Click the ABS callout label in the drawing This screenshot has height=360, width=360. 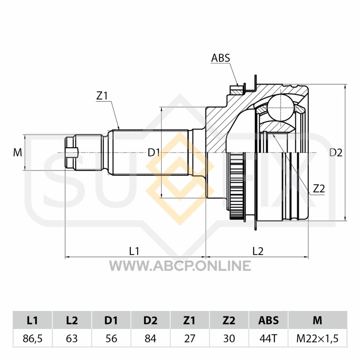tap(220, 58)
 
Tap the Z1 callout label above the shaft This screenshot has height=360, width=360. tap(102, 96)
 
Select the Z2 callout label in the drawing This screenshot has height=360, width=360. tap(319, 189)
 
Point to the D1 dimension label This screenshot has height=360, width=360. tap(153, 153)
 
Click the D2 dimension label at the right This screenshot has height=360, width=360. tap(336, 153)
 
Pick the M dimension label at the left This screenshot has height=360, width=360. tap(18, 152)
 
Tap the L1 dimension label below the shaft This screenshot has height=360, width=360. tap(134, 251)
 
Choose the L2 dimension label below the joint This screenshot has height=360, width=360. tap(258, 251)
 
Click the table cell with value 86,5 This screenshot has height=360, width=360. tap(32, 338)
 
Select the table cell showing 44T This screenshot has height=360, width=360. tap(268, 338)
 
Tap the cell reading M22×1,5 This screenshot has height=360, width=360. tap(318, 338)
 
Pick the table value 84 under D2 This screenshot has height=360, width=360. tap(150, 338)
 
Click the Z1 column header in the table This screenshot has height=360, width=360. tap(189, 320)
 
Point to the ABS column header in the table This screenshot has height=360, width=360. tap(268, 320)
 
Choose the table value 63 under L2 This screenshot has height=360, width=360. tap(72, 338)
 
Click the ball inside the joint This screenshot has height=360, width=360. tap(281, 108)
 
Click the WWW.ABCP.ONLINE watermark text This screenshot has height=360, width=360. tap(180, 265)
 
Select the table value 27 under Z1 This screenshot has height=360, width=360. tap(189, 338)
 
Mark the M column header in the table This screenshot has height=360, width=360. tap(318, 320)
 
